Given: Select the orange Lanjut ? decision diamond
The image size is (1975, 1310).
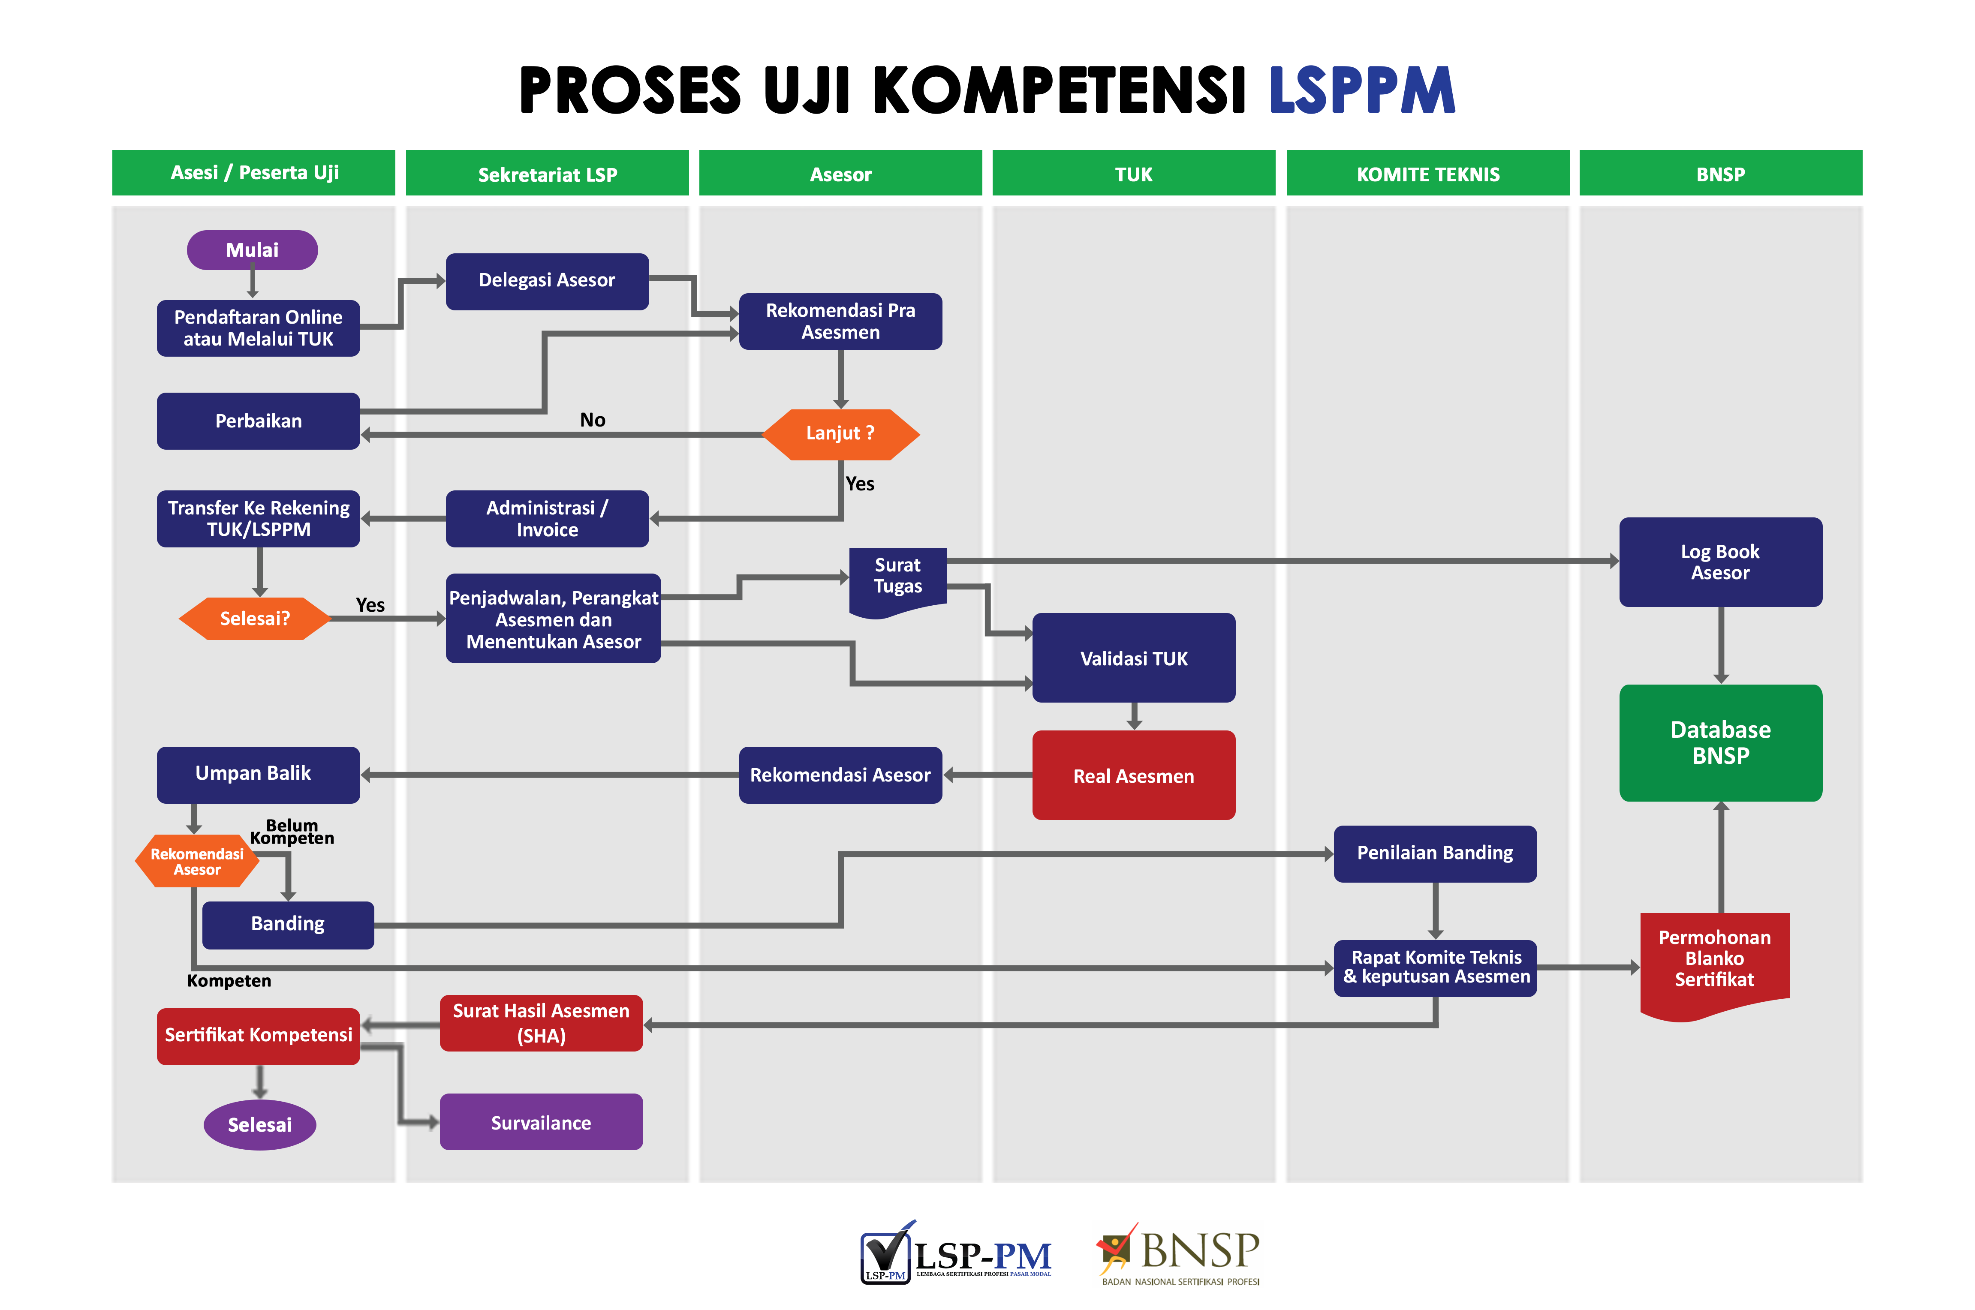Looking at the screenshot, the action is [840, 434].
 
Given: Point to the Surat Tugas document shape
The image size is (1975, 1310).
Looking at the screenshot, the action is [897, 581].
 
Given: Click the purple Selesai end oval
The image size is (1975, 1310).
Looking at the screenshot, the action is [260, 1124].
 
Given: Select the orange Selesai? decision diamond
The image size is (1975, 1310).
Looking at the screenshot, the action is [255, 618].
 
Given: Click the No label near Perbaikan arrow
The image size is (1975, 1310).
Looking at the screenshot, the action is [592, 419].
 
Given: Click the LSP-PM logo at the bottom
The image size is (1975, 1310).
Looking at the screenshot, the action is [956, 1252].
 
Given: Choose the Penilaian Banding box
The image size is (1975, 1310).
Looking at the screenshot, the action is [1434, 853].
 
